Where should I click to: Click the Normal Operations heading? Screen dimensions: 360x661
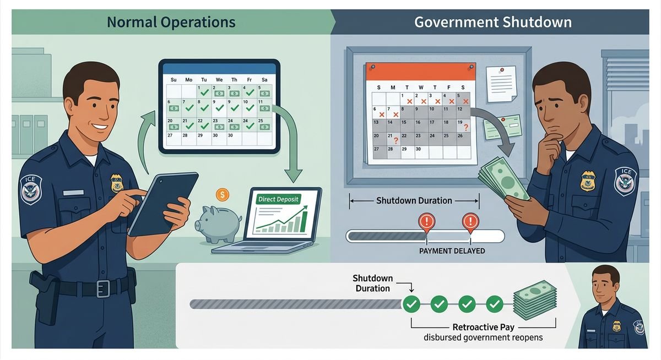coord(171,22)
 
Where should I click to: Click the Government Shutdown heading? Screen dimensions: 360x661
coord(492,22)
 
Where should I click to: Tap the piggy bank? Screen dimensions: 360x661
coord(218,223)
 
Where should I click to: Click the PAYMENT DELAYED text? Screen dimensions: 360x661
coord(452,251)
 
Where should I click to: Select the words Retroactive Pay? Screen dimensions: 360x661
coord(483,327)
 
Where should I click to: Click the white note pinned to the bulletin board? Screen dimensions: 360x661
coord(500,83)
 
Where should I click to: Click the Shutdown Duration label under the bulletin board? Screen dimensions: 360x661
coord(414,200)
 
